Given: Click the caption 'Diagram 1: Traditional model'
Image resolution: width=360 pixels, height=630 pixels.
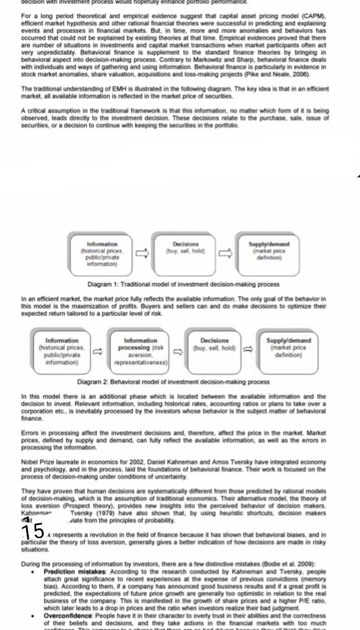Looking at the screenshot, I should pyautogui.click(x=183, y=284).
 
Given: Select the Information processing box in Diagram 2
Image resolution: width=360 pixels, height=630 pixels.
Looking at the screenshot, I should pyautogui.click(x=141, y=351).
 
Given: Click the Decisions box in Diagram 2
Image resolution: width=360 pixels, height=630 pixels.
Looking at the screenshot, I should pyautogui.click(x=214, y=351).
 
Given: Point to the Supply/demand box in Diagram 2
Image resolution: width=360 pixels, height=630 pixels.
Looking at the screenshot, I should pyautogui.click(x=288, y=351).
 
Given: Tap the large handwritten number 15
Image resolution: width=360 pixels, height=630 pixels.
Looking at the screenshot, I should pyautogui.click(x=32, y=531).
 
